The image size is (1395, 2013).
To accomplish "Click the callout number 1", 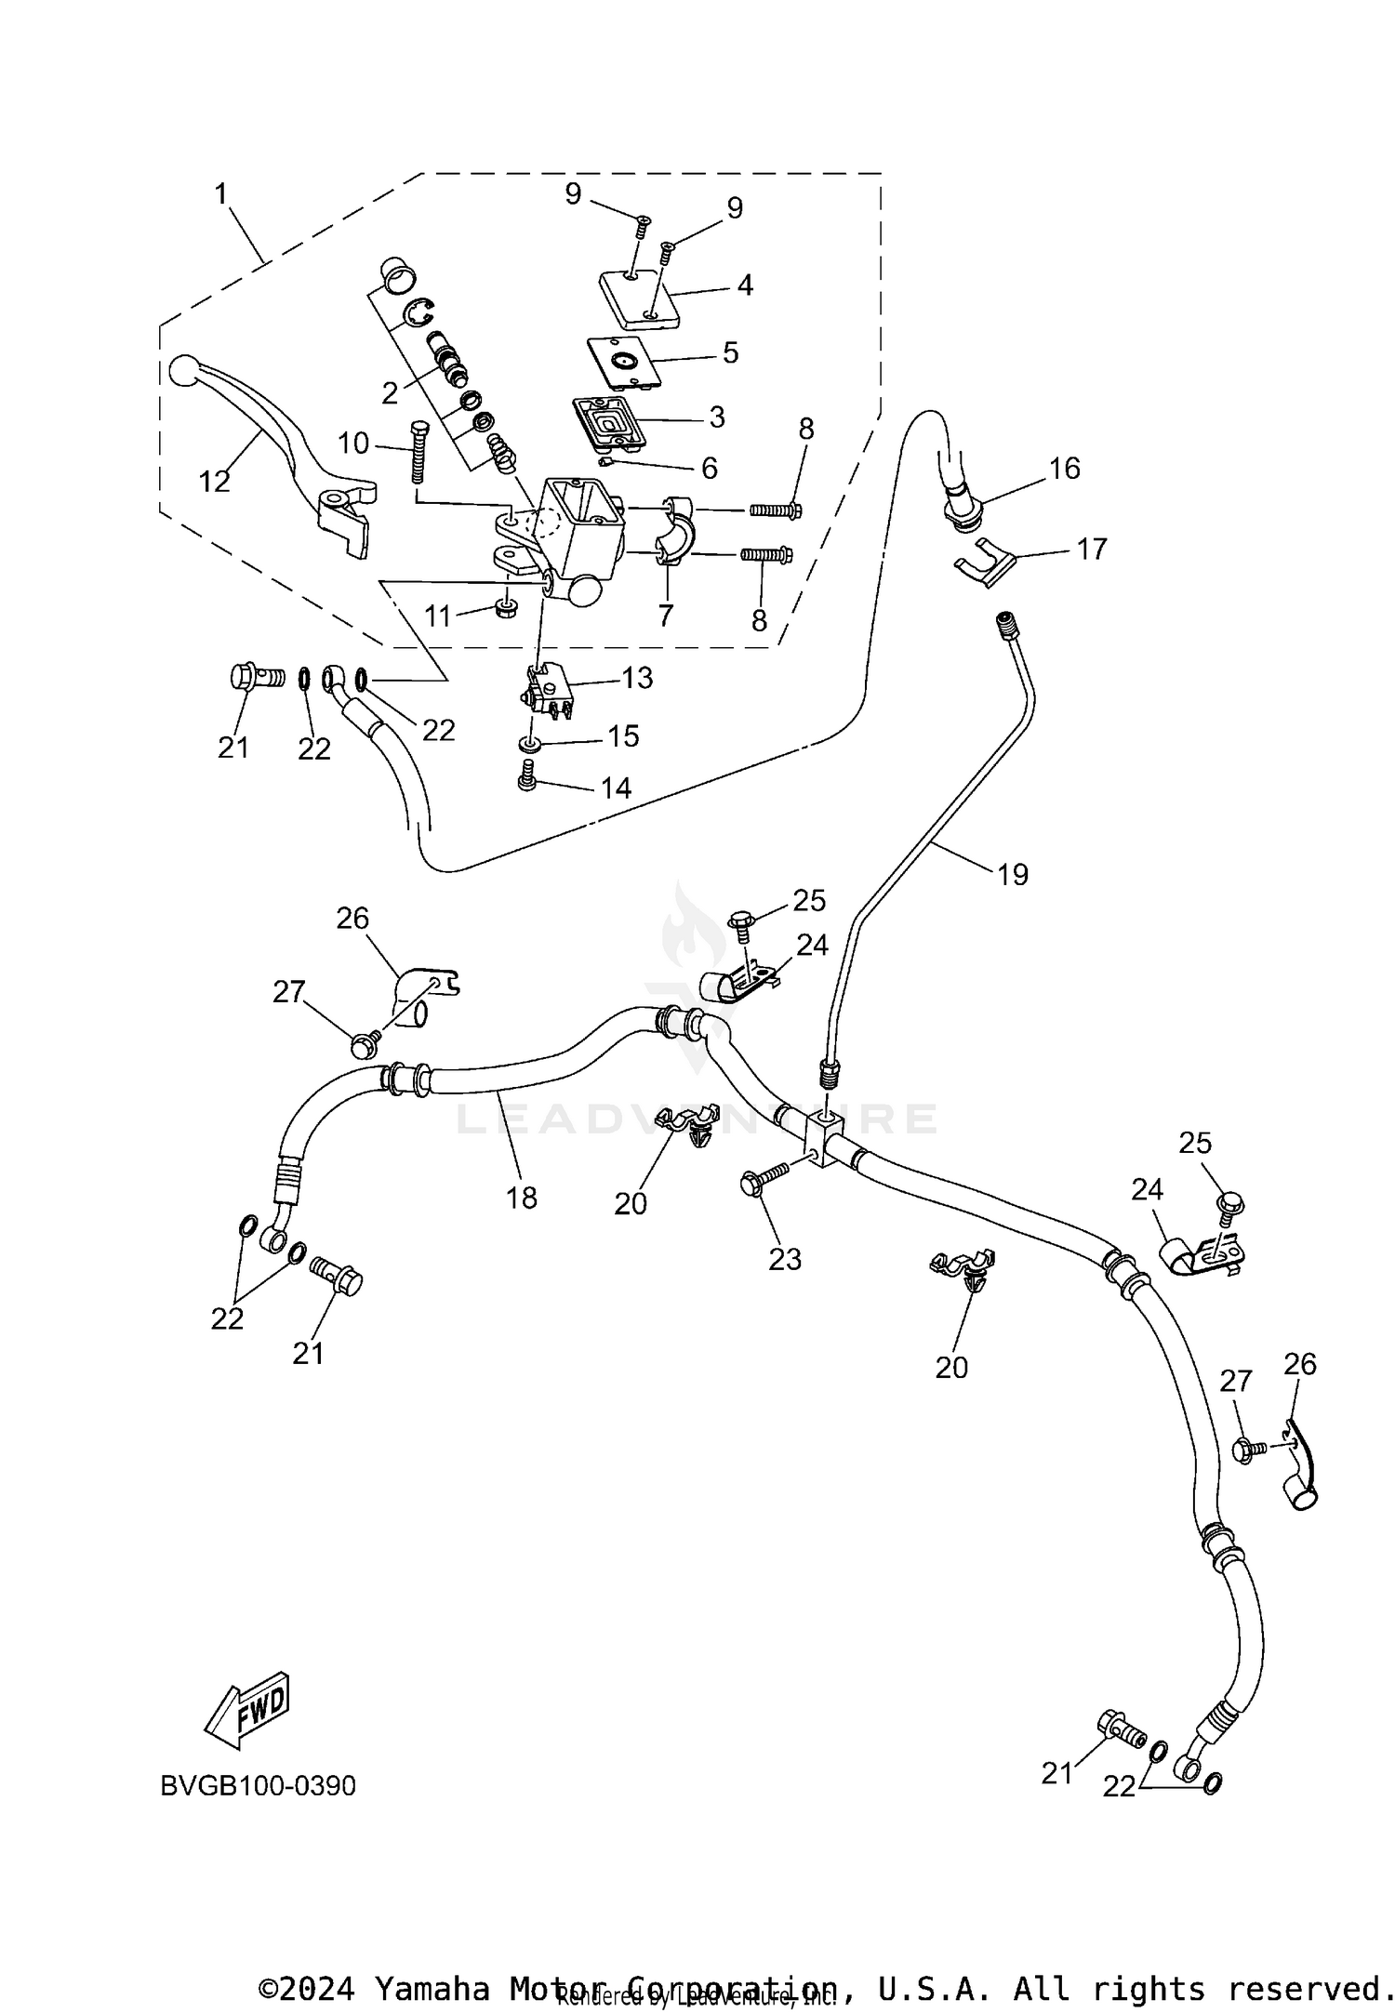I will (x=221, y=193).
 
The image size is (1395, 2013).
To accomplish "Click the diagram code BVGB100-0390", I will (x=258, y=1785).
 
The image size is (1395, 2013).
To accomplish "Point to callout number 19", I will (x=1012, y=874).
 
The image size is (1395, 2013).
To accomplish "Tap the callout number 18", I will (x=522, y=1198).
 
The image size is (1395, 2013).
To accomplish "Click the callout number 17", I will (x=1091, y=549).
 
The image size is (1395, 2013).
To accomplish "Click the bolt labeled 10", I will (x=417, y=451).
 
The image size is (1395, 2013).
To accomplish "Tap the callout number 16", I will (x=1064, y=468).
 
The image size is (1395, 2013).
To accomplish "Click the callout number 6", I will (x=709, y=468).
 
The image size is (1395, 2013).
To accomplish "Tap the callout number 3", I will (x=716, y=417).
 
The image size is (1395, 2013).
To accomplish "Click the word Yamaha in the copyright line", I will (x=432, y=1981).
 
